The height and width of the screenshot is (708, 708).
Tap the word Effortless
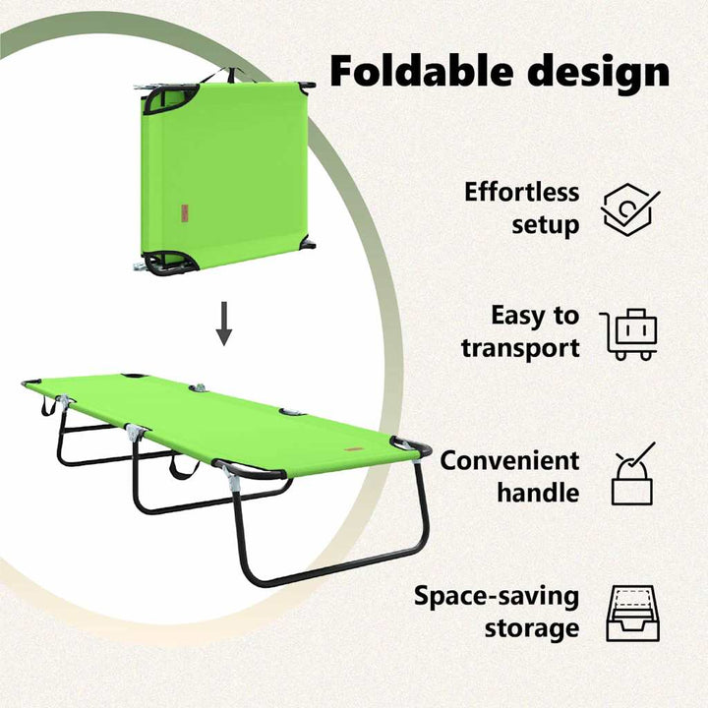point(521,192)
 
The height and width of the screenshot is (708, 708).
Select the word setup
point(546,224)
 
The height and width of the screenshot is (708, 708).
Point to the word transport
point(520,348)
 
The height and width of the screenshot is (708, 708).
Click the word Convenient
point(509,460)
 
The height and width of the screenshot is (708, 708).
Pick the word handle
point(538,493)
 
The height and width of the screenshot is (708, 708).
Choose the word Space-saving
point(497,597)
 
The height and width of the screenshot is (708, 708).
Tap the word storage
point(532,629)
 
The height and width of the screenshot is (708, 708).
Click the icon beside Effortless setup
point(628,209)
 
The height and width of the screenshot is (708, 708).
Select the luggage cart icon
point(628,334)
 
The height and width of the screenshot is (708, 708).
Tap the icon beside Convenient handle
point(633,473)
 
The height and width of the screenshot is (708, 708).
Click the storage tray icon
point(632,614)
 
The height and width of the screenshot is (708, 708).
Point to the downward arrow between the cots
point(224,324)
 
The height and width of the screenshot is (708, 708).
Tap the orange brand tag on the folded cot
point(185,213)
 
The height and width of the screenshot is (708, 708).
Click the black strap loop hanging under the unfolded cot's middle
point(184,469)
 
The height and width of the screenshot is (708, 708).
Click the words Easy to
point(535,316)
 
